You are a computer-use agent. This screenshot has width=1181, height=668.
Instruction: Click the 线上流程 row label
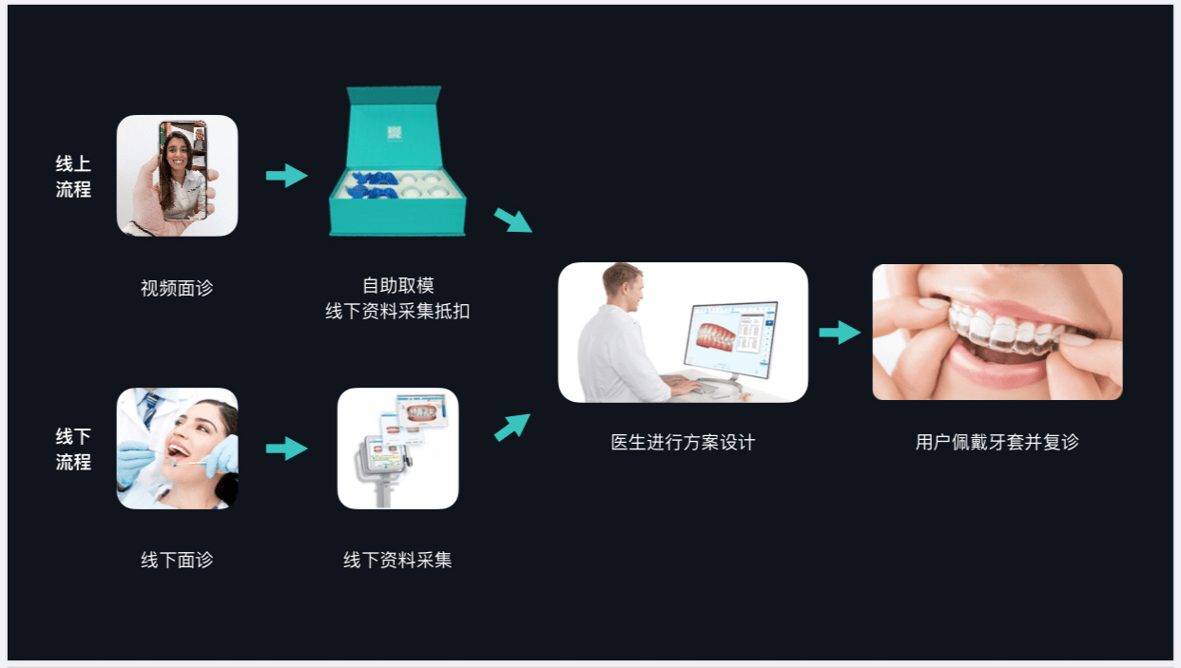point(73,177)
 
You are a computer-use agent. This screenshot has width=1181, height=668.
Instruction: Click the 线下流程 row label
point(73,449)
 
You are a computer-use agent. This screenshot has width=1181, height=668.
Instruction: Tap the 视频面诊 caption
point(177,288)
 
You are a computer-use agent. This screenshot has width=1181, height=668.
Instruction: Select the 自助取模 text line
point(398,285)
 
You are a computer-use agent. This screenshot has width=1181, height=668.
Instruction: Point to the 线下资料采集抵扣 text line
point(397,312)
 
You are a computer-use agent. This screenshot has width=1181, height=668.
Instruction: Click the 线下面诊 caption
point(177,560)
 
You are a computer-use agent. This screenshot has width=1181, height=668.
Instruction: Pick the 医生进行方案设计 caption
point(684,442)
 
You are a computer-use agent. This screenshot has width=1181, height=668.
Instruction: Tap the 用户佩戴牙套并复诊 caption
point(997,442)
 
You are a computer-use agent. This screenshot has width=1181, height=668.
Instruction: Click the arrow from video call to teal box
point(287,176)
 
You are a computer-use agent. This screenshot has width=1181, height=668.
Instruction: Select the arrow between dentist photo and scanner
point(287,449)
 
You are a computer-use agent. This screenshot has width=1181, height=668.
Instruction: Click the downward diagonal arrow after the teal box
point(513,220)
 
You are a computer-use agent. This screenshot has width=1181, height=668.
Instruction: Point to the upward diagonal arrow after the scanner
point(513,427)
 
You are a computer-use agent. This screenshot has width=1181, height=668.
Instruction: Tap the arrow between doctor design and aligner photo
point(840,333)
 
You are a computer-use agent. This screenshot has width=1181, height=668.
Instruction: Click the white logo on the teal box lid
point(395,133)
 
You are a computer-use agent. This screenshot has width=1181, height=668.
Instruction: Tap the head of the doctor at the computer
point(623,286)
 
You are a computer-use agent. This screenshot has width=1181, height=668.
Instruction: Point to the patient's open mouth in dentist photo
point(178,451)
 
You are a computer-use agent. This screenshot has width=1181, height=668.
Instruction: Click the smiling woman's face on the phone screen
point(177,154)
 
